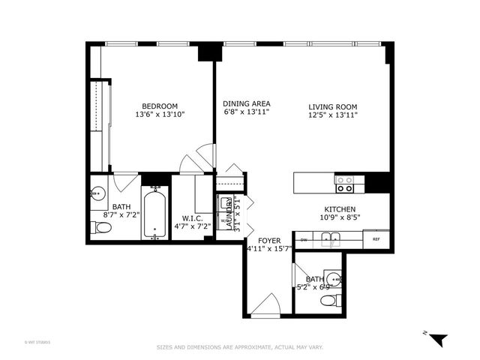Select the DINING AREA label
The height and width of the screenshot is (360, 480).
coord(246,103)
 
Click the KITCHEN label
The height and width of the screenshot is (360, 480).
coord(339,209)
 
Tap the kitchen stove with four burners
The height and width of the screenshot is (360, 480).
coord(345,180)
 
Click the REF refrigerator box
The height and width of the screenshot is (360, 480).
coord(376,240)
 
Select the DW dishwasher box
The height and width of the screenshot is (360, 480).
coord(304,240)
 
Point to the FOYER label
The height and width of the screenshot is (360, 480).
coord(269,241)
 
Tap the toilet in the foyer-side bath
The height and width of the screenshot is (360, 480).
coord(328,301)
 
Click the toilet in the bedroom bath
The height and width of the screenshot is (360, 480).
coord(103,228)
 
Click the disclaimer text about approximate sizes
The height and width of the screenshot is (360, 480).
coord(239,347)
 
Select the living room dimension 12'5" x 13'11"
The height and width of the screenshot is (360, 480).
coord(333,115)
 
